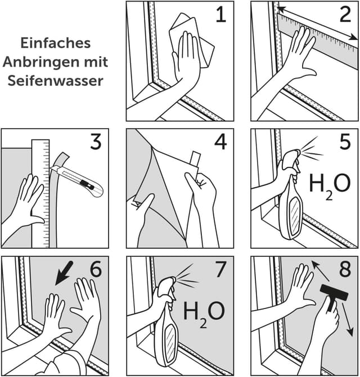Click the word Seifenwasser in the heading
[x=56, y=80]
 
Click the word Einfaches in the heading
[x=56, y=43]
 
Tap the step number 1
[x=220, y=15]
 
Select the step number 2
[x=345, y=15]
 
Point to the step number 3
[x=96, y=143]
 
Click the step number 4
[x=220, y=143]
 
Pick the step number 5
[x=345, y=143]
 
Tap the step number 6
[x=96, y=270]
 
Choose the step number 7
[x=220, y=270]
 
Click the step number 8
[x=345, y=270]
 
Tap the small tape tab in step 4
[x=195, y=159]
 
